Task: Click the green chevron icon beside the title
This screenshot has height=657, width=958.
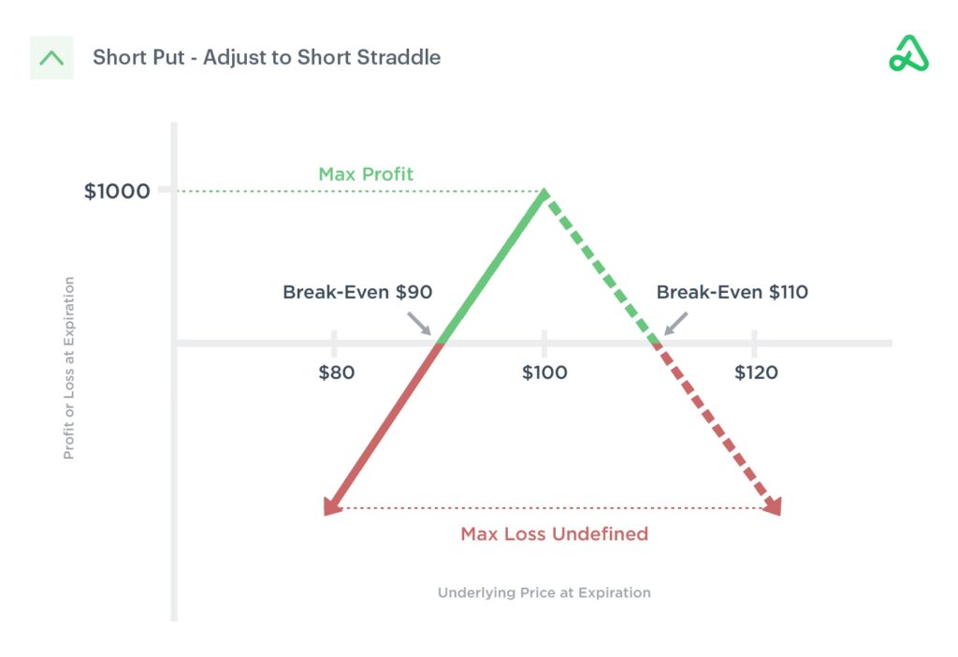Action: pyautogui.click(x=51, y=58)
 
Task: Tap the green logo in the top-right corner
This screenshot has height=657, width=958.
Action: pyautogui.click(x=908, y=53)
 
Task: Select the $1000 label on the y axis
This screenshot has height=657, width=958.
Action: pyautogui.click(x=117, y=191)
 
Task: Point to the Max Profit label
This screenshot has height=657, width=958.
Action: pyautogui.click(x=366, y=174)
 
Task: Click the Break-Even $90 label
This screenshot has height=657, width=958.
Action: pyautogui.click(x=357, y=292)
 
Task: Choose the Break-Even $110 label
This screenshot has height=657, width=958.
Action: pyautogui.click(x=732, y=292)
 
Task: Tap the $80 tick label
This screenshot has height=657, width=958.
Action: pyautogui.click(x=336, y=372)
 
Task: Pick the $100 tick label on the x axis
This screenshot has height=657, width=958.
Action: pyautogui.click(x=544, y=372)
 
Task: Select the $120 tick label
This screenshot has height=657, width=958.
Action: pyautogui.click(x=756, y=372)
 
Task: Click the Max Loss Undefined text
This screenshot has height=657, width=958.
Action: pyautogui.click(x=554, y=534)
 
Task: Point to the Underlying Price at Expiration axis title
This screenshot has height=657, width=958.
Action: pyautogui.click(x=544, y=592)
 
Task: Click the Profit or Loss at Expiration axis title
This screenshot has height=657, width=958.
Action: pyautogui.click(x=69, y=368)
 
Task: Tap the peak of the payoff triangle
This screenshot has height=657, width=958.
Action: pyautogui.click(x=544, y=191)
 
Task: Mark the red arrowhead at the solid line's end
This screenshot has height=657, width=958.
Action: pyautogui.click(x=332, y=505)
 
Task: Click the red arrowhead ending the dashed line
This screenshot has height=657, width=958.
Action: pyautogui.click(x=773, y=505)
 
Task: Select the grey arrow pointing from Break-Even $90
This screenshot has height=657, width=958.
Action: pyautogui.click(x=419, y=323)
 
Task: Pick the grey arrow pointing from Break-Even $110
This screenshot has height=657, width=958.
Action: pyautogui.click(x=675, y=323)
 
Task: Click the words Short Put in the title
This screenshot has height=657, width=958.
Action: pyautogui.click(x=138, y=57)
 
